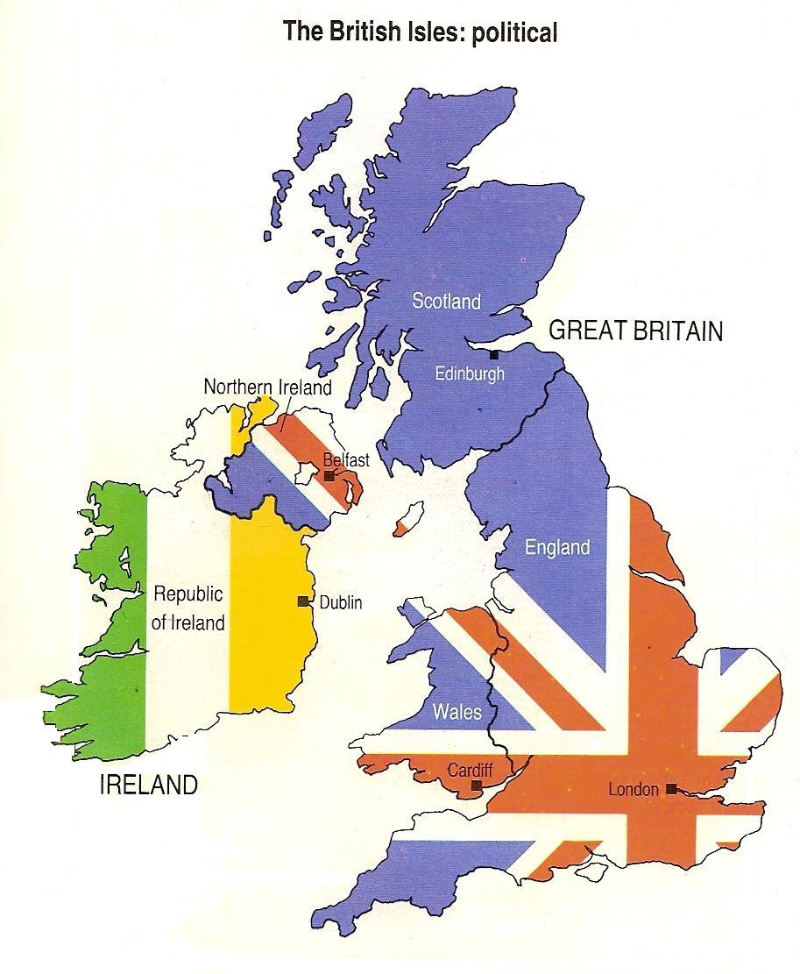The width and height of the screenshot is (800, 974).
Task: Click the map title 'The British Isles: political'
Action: pyautogui.click(x=420, y=32)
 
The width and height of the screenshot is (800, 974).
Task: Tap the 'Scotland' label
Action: pyautogui.click(x=447, y=302)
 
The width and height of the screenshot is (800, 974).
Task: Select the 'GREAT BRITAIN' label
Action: pyautogui.click(x=635, y=331)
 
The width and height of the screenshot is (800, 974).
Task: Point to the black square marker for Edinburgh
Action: pyautogui.click(x=495, y=355)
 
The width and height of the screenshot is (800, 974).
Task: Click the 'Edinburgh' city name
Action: pyautogui.click(x=471, y=373)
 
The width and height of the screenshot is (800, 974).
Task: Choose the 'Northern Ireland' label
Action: pyautogui.click(x=267, y=387)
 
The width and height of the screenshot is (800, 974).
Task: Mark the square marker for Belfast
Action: pyautogui.click(x=329, y=475)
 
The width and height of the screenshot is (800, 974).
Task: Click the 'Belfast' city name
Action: pyautogui.click(x=346, y=459)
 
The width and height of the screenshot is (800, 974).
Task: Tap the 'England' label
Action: pyautogui.click(x=557, y=548)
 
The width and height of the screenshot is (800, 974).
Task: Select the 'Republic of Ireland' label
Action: pyautogui.click(x=188, y=608)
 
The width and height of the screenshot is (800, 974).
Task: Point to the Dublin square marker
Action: pyautogui.click(x=302, y=601)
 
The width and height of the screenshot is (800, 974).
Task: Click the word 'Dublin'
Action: pyautogui.click(x=341, y=602)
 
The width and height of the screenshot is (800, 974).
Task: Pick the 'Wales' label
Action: pyautogui.click(x=457, y=710)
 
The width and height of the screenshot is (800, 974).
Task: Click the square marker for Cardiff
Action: pyautogui.click(x=477, y=786)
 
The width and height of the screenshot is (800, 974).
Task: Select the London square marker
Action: pyautogui.click(x=670, y=788)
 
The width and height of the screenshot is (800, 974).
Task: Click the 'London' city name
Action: pyautogui.click(x=633, y=790)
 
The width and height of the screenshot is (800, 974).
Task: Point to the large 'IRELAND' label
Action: pyautogui.click(x=149, y=785)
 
